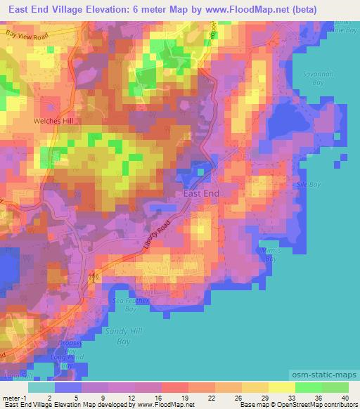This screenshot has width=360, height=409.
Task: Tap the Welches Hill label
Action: coord(53,121)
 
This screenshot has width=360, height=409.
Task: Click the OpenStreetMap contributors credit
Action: coord(310,405)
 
